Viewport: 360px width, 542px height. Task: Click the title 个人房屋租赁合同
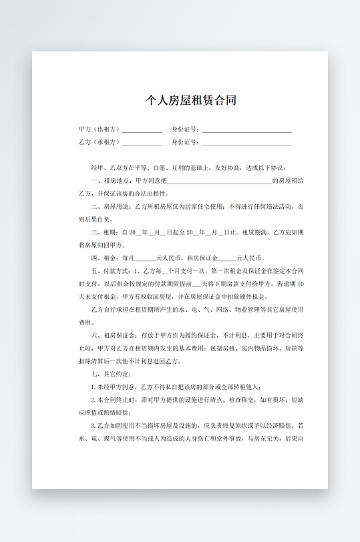pos(191,101)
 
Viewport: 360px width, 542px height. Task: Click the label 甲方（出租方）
pos(100,129)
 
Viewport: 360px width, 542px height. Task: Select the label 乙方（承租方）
pos(100,142)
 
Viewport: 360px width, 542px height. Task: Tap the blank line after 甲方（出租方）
pos(142,130)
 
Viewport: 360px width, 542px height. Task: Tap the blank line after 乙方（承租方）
pos(142,144)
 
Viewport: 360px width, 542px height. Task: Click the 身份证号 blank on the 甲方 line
pos(246,130)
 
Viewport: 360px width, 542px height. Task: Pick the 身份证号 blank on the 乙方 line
pos(246,144)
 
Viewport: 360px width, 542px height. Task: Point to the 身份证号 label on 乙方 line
pos(185,142)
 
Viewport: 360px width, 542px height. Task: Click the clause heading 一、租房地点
pos(111,180)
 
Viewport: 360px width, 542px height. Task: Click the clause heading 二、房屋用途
pos(111,206)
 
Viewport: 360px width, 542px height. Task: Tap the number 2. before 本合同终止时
pos(94,400)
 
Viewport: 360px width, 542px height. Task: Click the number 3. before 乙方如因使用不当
pos(94,425)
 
